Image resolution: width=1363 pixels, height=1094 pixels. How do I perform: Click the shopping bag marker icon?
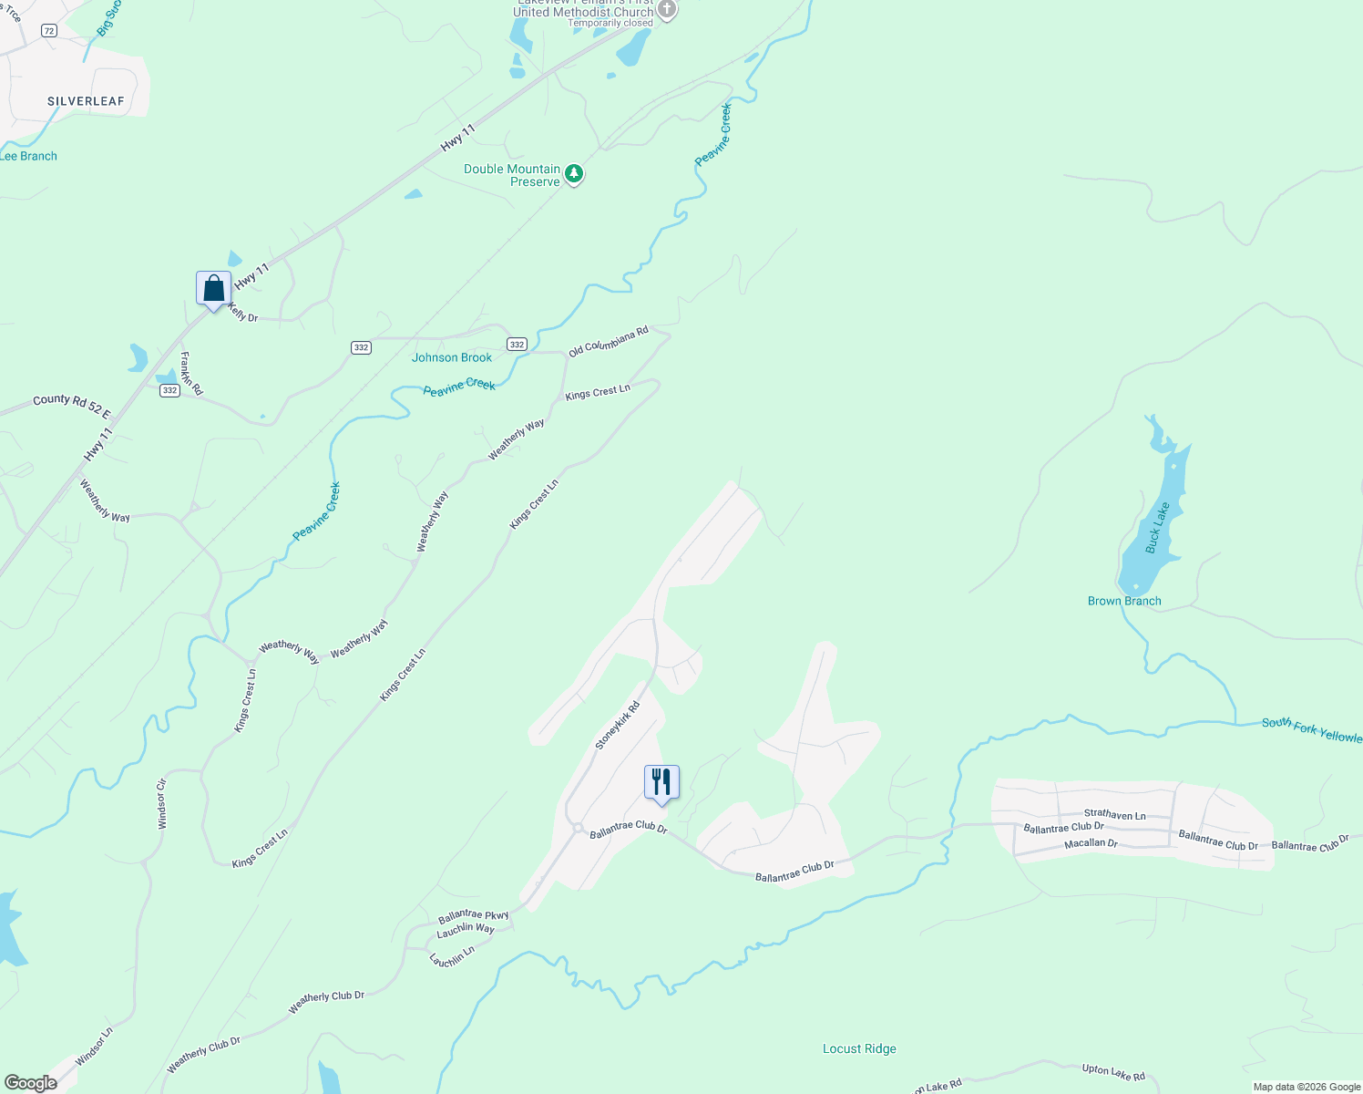(x=213, y=289)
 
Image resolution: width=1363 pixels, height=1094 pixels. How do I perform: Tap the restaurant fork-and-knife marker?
(x=661, y=782)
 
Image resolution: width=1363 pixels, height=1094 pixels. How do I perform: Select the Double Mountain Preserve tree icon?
(x=574, y=173)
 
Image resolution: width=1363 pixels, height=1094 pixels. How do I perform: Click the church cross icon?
(x=667, y=10)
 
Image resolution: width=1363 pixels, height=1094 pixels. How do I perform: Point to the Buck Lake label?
(x=1157, y=527)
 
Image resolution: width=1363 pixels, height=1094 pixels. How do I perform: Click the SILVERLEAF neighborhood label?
(x=86, y=101)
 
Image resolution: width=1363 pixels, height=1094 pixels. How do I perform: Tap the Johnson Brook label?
(x=452, y=357)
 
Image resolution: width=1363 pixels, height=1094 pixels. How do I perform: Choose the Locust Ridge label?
(x=859, y=1048)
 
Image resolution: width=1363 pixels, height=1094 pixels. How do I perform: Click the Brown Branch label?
(x=1124, y=601)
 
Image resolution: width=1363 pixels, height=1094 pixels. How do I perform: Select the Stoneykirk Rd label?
(x=618, y=726)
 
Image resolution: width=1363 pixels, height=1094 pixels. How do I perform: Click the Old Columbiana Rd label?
(x=608, y=342)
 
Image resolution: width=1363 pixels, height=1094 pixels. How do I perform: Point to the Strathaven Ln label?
(x=1114, y=815)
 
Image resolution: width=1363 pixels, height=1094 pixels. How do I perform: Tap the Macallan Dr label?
(x=1091, y=843)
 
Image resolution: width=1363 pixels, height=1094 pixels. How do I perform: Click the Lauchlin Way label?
(x=466, y=929)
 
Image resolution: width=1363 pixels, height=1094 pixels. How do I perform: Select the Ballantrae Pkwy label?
(x=473, y=915)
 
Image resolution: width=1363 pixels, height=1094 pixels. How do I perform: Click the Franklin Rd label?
(x=191, y=373)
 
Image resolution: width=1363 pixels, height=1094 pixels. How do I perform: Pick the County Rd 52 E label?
(x=72, y=407)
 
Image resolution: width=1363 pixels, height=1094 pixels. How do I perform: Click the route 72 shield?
(x=49, y=30)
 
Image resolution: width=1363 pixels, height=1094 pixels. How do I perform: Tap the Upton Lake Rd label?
(x=1113, y=1072)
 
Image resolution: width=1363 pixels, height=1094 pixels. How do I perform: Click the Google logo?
(x=31, y=1083)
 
